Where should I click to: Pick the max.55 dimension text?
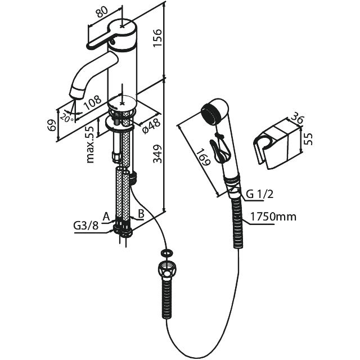pyautogui.click(x=89, y=145)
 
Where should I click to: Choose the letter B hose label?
pyautogui.click(x=141, y=214)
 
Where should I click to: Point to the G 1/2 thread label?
pyautogui.click(x=260, y=195)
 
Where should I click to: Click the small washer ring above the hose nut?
pyautogui.click(x=167, y=253)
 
